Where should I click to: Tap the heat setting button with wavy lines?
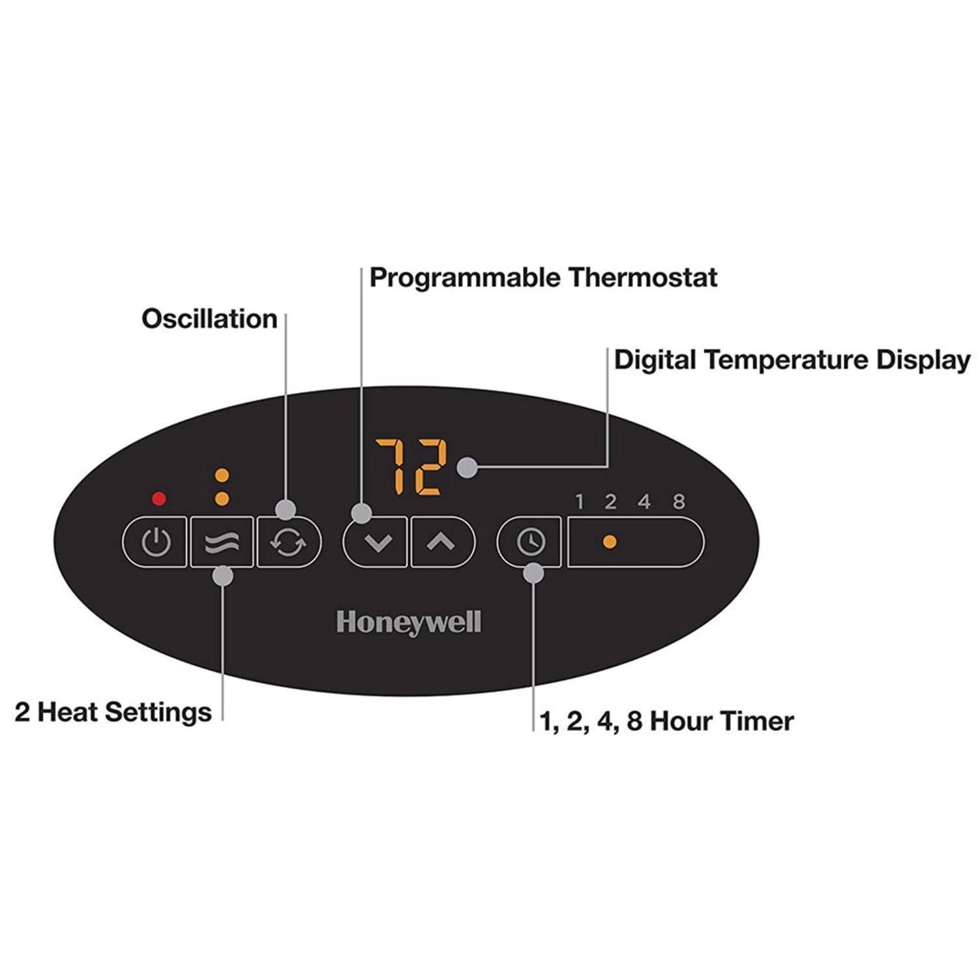coord(222,542)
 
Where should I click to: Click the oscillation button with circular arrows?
coord(288,542)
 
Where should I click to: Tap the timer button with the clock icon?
coord(529,542)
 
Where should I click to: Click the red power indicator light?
coord(158,499)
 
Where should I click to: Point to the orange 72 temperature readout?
coord(411,466)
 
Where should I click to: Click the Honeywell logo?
coord(409,623)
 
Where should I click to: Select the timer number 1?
coord(580,501)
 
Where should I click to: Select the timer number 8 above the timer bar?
coord(679,501)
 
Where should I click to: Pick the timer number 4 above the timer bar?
coord(644,501)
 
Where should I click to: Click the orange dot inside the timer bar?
coord(610,542)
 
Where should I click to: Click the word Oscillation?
coord(209,319)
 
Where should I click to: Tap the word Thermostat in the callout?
coord(642,278)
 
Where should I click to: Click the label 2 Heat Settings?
coord(113,712)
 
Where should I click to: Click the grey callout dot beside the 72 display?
coord(467,467)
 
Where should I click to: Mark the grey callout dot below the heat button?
coord(223,576)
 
